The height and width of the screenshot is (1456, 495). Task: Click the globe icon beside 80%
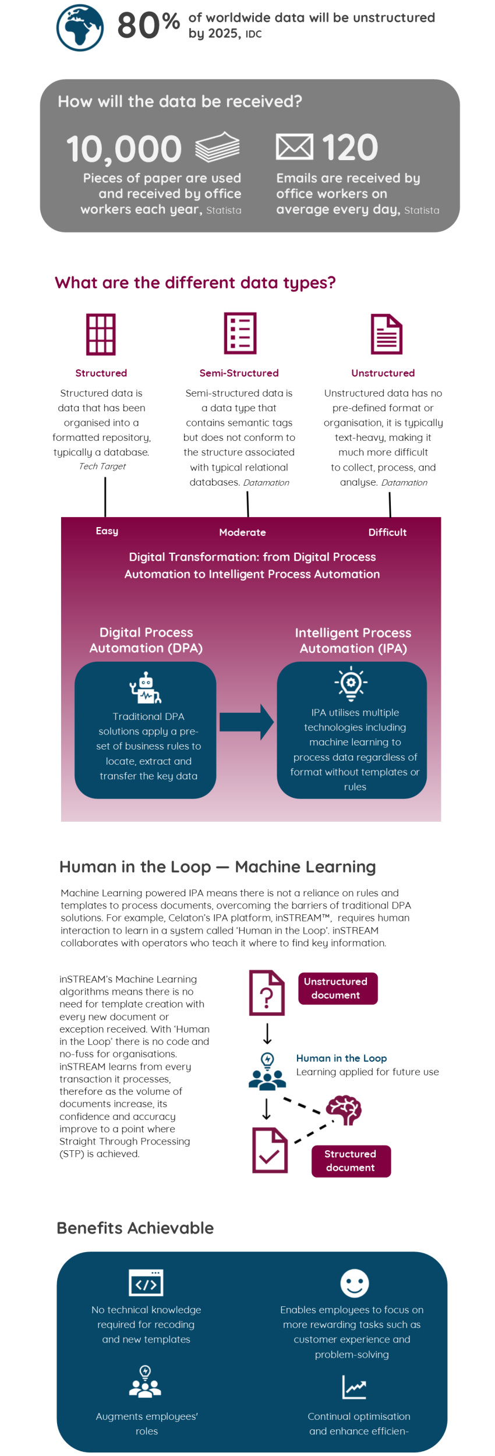click(x=80, y=27)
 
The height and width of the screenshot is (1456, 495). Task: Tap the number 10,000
click(x=124, y=149)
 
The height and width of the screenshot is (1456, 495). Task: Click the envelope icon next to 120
click(x=294, y=147)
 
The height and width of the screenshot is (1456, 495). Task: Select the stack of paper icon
click(x=217, y=147)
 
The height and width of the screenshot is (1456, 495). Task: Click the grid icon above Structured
click(x=101, y=334)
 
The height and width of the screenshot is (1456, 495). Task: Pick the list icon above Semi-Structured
click(x=240, y=333)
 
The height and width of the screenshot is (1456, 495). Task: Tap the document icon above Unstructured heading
click(x=387, y=334)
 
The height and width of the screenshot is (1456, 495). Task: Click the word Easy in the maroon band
click(x=107, y=531)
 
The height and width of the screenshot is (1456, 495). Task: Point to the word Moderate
click(x=242, y=532)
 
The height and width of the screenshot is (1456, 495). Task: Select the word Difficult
click(x=387, y=532)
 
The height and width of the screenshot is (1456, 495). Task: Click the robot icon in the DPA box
click(x=146, y=688)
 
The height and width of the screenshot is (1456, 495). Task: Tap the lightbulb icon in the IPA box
click(x=351, y=683)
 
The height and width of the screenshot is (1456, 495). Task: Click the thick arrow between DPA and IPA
click(x=246, y=722)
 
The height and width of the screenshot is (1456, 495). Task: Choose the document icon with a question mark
click(x=267, y=993)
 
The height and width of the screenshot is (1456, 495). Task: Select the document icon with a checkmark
click(x=270, y=1150)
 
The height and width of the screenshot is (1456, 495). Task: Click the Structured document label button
click(x=351, y=1161)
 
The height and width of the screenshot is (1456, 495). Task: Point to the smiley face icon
click(x=355, y=1284)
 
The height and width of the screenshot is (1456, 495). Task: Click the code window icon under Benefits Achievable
click(x=146, y=1283)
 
